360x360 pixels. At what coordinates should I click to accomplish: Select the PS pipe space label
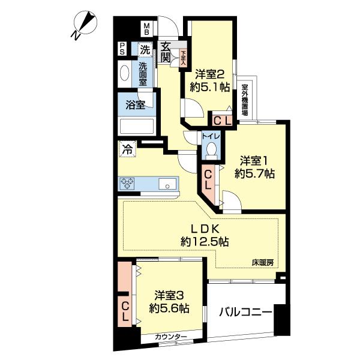tap(122, 48)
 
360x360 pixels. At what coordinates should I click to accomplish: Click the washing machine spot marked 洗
tap(145, 48)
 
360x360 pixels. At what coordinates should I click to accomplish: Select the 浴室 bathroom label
tap(134, 105)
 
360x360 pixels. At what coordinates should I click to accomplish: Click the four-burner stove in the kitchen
tap(129, 184)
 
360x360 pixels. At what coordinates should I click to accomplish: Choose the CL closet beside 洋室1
tap(208, 179)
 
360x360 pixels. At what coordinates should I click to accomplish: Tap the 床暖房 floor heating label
tap(262, 262)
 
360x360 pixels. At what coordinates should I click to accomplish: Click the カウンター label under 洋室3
tap(170, 337)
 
